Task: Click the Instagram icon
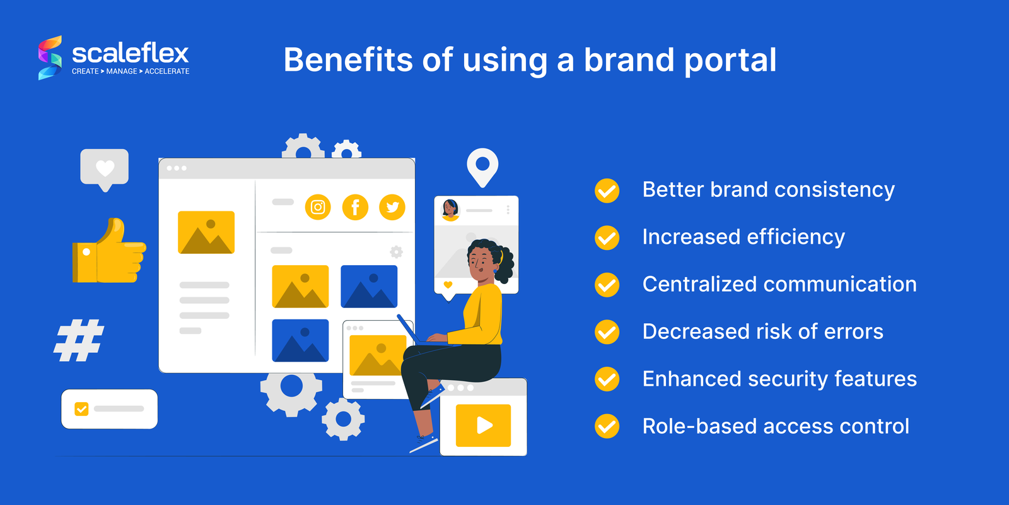coord(318,208)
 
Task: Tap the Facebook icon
coord(355,208)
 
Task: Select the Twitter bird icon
coord(392,208)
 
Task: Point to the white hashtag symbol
coord(79,340)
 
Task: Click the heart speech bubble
coord(105,170)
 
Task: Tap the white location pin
coord(482,167)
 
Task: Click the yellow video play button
coord(483,425)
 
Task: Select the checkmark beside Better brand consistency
coord(607,191)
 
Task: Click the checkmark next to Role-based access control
coord(607,426)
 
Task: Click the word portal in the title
coord(731,61)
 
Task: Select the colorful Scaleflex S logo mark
coord(50,57)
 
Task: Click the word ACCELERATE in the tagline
coord(166,71)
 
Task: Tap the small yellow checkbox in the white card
coord(81,409)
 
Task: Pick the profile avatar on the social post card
coord(450,210)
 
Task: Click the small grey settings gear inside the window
coord(396,252)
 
